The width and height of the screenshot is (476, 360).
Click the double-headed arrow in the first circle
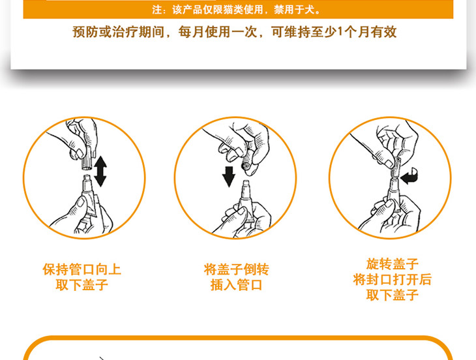[100, 172]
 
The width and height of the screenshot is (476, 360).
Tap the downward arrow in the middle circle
[229, 176]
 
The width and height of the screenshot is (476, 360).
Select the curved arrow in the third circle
[409, 175]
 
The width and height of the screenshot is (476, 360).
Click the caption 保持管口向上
[82, 269]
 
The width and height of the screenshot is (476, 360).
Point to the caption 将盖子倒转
[237, 269]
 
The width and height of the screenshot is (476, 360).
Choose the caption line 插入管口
[237, 285]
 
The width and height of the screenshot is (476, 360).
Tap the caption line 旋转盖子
[393, 263]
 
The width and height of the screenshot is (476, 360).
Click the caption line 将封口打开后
[393, 279]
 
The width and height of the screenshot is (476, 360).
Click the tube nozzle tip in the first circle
[87, 177]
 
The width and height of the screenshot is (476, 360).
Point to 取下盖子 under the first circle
[82, 285]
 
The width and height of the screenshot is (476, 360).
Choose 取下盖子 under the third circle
[393, 295]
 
